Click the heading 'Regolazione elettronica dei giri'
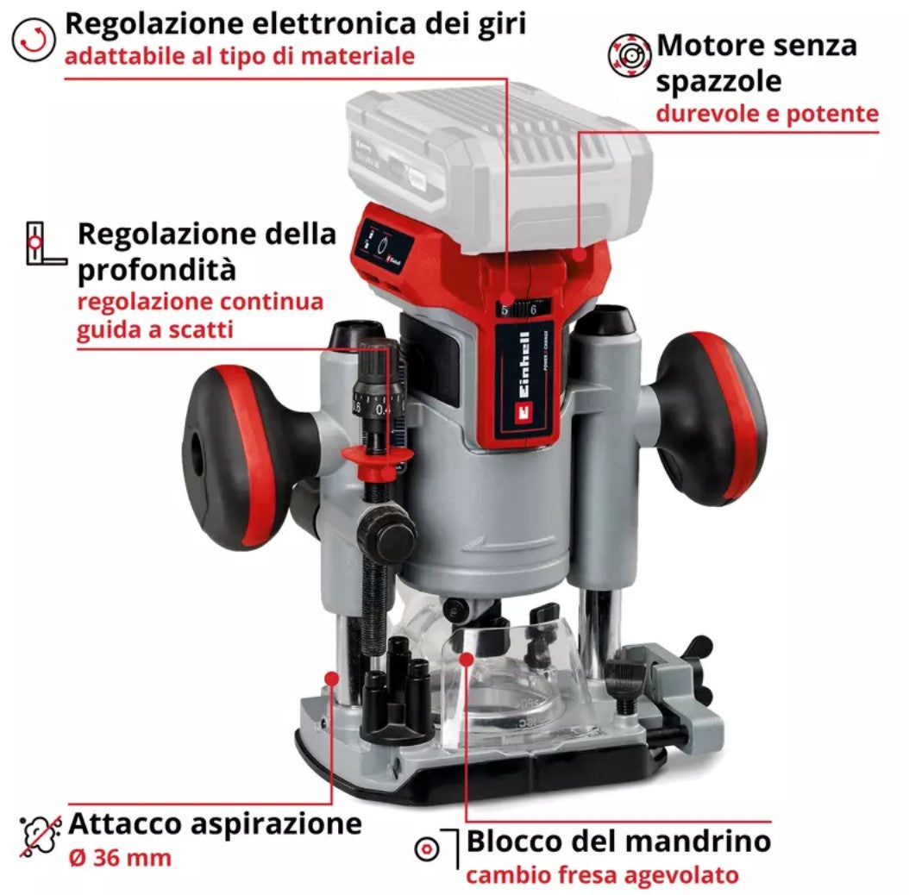295,23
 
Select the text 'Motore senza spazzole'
757,62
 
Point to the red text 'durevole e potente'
767,113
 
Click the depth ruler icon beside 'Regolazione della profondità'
46,243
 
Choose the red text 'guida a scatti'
154,329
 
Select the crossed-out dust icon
41,835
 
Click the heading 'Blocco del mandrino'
618,841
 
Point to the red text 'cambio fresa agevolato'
602,875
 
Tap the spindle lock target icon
427,849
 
